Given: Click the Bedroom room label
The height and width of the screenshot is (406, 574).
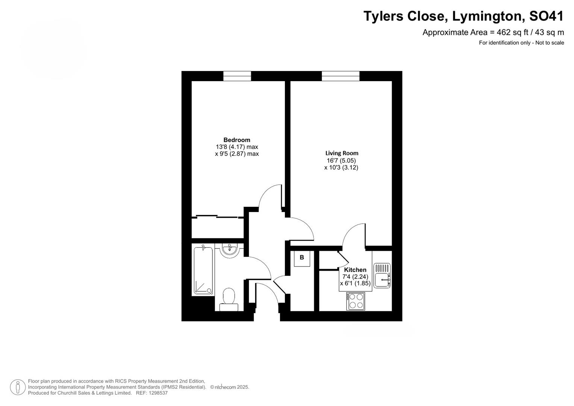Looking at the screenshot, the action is coord(236,140).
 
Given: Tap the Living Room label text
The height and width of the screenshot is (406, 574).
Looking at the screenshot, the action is coord(342,153).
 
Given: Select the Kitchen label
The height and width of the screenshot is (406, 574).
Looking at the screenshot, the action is coord(355,270).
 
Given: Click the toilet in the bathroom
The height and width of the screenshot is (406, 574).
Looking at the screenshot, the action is coord(229,299).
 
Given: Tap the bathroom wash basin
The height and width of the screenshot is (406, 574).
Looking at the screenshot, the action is coord(230,250).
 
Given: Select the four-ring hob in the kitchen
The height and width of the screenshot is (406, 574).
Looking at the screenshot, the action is coord(356,301).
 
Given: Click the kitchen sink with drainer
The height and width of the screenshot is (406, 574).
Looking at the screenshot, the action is coord(382,276).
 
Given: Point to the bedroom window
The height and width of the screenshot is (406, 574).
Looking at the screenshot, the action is coord(237,76).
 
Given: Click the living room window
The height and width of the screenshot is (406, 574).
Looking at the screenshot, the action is coord(341,76).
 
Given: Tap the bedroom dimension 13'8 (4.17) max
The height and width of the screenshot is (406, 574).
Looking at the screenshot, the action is coord(237,147).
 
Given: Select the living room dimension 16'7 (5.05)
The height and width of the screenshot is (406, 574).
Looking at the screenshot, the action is coord(341,161).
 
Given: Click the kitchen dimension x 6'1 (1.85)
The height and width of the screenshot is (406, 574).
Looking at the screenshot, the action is coord(355,283).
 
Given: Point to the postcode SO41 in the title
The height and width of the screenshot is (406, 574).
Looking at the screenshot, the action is coord(547,16).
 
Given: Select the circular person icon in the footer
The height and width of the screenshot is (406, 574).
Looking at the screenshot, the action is coord(18,387).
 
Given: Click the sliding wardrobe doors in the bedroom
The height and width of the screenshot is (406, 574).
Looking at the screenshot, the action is coord(218,217).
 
